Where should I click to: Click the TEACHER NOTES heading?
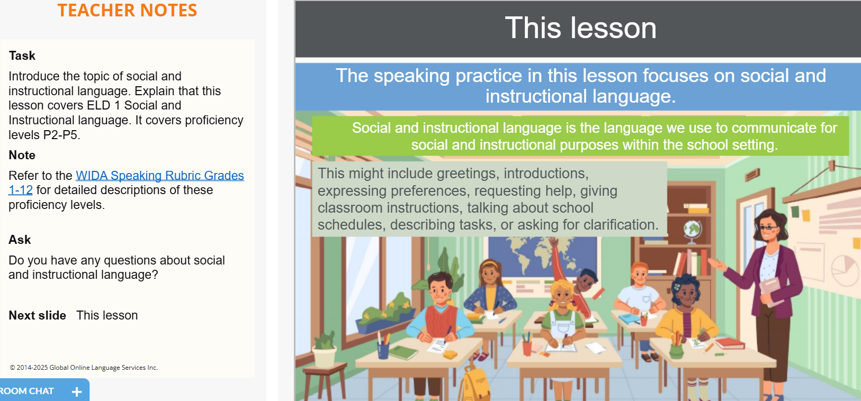tap(127, 11)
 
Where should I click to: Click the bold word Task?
tap(22, 56)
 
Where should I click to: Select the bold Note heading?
tap(22, 155)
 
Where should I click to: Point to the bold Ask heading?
tap(20, 240)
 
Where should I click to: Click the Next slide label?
tap(37, 315)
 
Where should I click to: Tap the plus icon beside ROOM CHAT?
tap(77, 391)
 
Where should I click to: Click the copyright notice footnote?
tap(84, 368)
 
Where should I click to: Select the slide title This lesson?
tap(580, 28)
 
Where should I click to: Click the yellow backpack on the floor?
tap(474, 384)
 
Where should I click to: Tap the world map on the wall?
tap(542, 256)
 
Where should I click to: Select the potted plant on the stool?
tap(325, 350)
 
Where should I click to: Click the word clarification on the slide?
tap(621, 225)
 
